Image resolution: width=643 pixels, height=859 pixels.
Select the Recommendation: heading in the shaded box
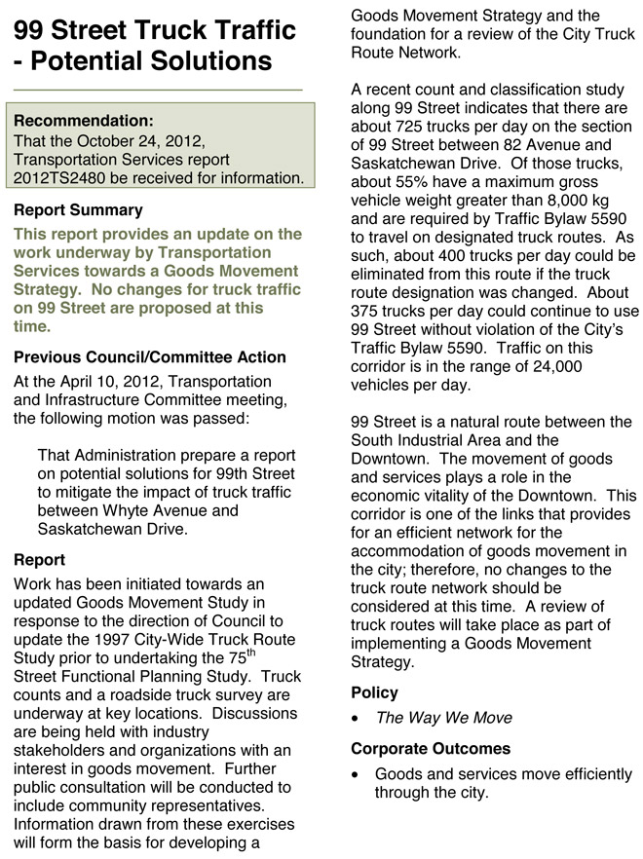coord(84,122)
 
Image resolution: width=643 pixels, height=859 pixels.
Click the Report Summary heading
coord(78,210)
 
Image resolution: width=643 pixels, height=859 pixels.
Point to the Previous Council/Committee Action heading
coord(150,357)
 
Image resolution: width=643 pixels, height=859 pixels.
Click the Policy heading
coord(374,693)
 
